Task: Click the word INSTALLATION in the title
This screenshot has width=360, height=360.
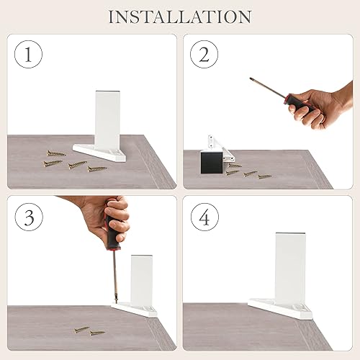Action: tap(180, 17)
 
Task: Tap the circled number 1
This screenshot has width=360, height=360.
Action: tap(28, 54)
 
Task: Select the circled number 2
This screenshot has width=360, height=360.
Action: tap(204, 54)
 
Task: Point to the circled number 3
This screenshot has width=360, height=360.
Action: tap(29, 217)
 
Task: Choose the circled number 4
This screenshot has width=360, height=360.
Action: tap(204, 217)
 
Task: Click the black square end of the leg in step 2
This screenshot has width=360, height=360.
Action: tap(212, 163)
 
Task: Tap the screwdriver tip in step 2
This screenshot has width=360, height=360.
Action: tap(251, 79)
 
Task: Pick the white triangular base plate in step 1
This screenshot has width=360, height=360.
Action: tap(99, 153)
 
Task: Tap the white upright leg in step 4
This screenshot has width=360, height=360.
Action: tap(290, 267)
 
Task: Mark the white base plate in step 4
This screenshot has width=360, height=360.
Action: tap(280, 308)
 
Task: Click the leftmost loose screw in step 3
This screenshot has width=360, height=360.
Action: tap(81, 330)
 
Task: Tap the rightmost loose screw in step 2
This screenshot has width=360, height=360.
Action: tap(265, 176)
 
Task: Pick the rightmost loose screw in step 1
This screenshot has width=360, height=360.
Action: tap(96, 169)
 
